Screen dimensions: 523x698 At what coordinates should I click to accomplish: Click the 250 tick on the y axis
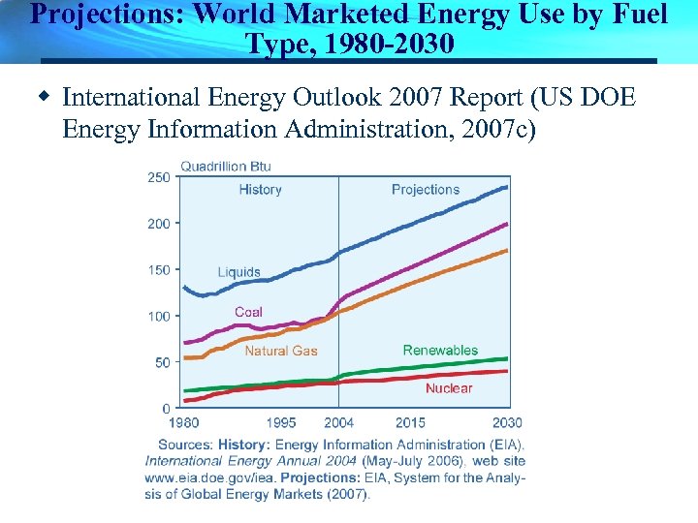point(159,176)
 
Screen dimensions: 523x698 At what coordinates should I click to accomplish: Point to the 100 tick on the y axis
point(159,316)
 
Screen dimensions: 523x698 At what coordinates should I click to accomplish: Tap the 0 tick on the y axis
point(166,409)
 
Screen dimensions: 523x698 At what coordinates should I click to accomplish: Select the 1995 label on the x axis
point(281,423)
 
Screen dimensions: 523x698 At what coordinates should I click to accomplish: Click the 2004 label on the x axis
point(338,423)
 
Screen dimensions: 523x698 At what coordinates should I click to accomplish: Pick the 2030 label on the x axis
point(507,423)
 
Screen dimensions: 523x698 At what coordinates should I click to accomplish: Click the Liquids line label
point(238,272)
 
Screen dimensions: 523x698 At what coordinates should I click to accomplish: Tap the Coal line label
point(248,312)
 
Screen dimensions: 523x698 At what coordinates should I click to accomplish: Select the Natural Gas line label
point(280,351)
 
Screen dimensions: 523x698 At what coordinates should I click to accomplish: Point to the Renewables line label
point(440,350)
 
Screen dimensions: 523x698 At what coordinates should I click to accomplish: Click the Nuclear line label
point(449,388)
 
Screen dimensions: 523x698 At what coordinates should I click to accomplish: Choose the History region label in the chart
point(260,190)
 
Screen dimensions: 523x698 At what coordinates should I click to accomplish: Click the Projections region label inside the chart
point(426,190)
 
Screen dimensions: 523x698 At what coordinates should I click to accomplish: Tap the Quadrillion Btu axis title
point(226,166)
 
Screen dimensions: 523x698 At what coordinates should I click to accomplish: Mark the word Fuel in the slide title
point(640,15)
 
